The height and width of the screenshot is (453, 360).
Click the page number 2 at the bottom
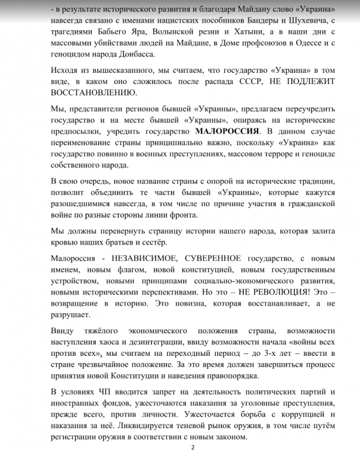192,445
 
